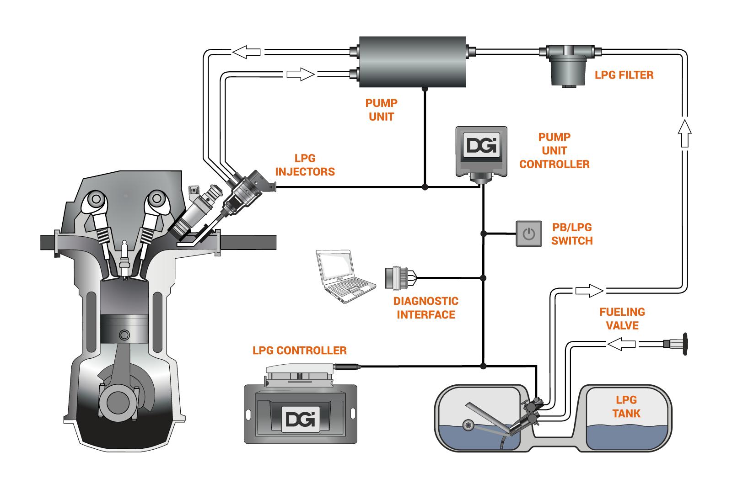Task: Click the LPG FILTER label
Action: (624, 74)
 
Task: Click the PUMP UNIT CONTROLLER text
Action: (554, 150)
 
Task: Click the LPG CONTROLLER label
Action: (300, 351)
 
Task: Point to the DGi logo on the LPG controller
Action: (300, 419)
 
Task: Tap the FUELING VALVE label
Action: (622, 319)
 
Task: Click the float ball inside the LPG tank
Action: (468, 425)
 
